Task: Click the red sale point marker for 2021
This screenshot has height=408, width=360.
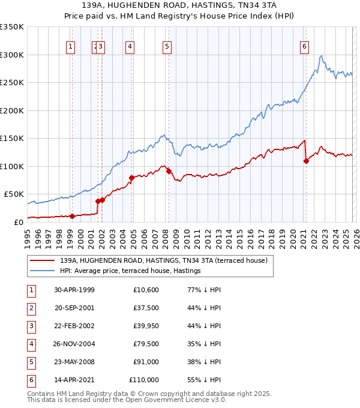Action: pyautogui.click(x=306, y=161)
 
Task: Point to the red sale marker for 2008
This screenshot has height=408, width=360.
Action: pyautogui.click(x=169, y=171)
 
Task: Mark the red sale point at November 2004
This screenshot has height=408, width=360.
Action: pyautogui.click(x=131, y=178)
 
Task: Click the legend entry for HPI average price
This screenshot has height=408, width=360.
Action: pyautogui.click(x=130, y=271)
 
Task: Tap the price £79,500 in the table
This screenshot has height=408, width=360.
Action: pyautogui.click(x=144, y=344)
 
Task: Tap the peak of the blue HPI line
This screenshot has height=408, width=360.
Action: pyautogui.click(x=322, y=56)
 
